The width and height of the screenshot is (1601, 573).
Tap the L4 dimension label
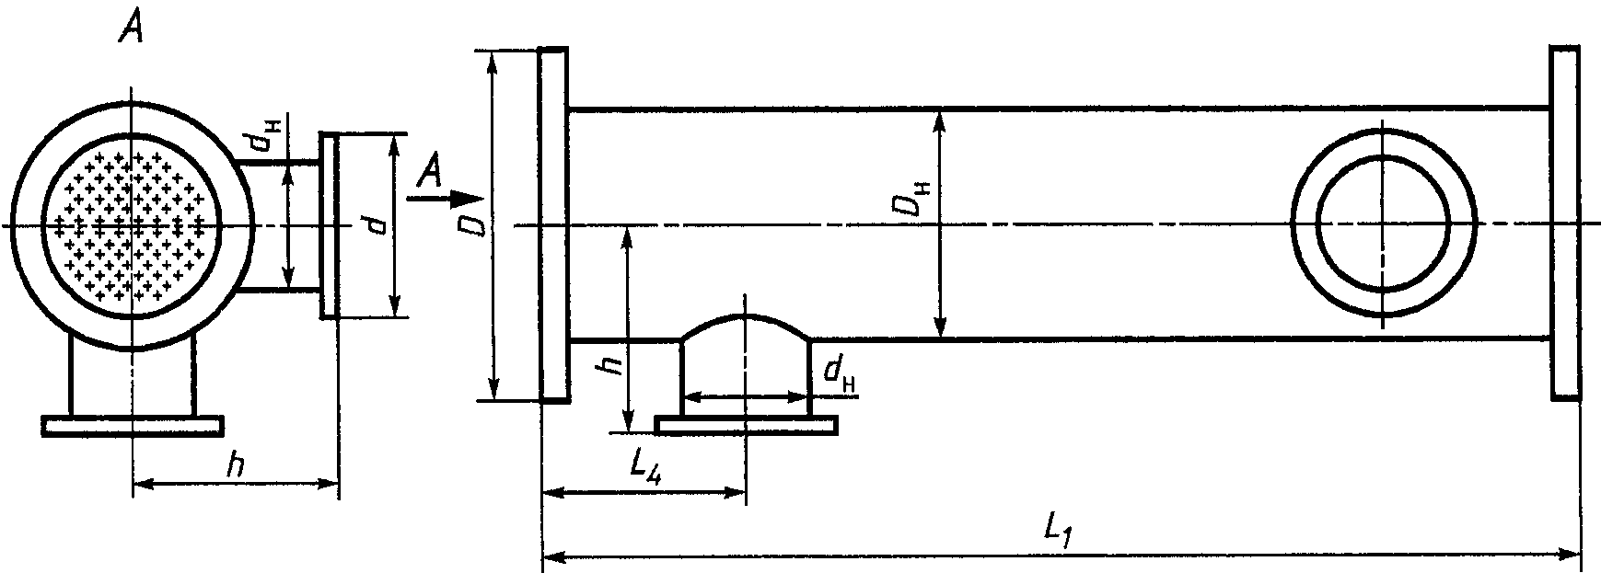pyautogui.click(x=650, y=469)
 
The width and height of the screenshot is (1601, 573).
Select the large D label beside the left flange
pyautogui.click(x=474, y=223)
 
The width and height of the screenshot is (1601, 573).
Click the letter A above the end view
pyautogui.click(x=131, y=30)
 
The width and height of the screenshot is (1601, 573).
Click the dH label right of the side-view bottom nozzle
pyautogui.click(x=838, y=372)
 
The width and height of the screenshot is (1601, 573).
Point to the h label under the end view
pyautogui.click(x=237, y=465)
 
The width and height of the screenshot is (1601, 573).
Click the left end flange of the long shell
pyautogui.click(x=552, y=223)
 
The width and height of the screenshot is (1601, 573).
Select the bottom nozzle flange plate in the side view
pyautogui.click(x=747, y=424)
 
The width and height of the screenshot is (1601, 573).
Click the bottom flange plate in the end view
pyautogui.click(x=133, y=425)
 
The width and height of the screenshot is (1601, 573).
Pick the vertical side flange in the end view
pyautogui.click(x=329, y=226)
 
